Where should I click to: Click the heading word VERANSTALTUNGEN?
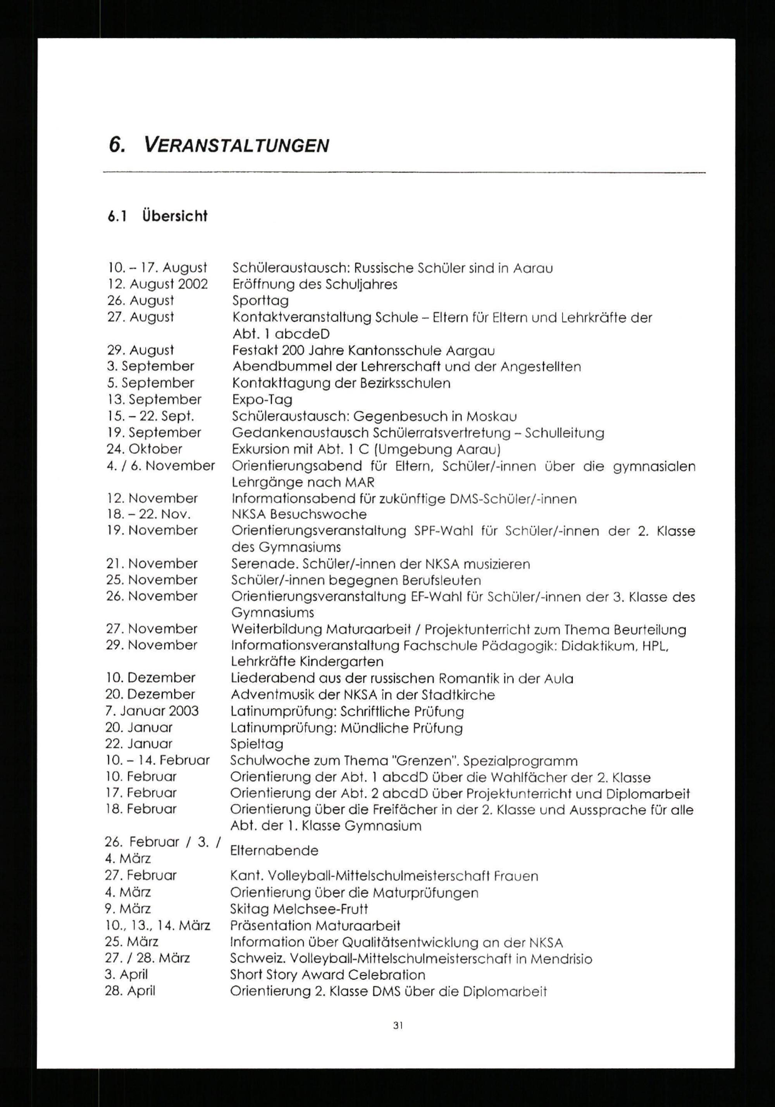236,145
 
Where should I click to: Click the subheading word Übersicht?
175,216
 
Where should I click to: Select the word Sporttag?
260,301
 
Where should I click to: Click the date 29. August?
140,350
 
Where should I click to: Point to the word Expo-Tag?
262,400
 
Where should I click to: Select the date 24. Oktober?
144,449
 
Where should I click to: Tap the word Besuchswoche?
318,514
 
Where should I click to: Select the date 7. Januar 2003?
152,711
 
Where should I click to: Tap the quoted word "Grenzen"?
424,761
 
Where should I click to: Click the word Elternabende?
274,850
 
